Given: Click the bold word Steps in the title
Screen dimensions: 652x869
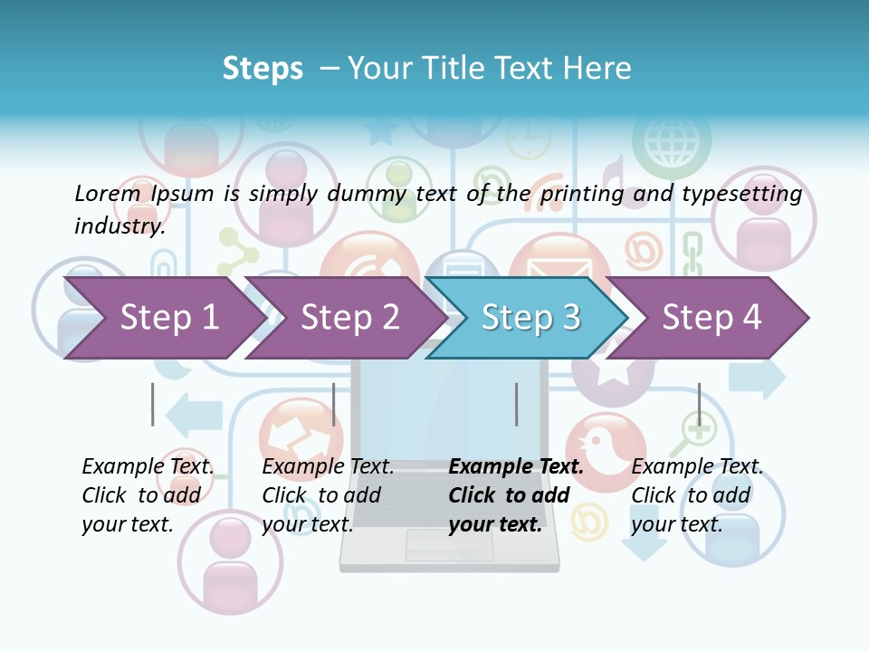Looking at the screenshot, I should pos(263,69).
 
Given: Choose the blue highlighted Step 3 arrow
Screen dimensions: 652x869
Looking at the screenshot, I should pos(530,318).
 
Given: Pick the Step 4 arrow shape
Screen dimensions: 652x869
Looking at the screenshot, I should pos(711,318).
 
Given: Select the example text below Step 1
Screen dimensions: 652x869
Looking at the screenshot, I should pos(148,495).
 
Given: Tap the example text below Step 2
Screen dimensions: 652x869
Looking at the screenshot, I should pos(328,495).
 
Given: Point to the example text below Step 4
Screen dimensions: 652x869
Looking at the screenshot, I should pos(696,495).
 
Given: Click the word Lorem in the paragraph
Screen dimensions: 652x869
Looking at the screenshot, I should pos(107,193).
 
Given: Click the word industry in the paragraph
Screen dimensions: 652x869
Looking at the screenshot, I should pos(119,225).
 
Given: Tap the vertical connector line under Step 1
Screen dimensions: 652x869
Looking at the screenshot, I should pos(153,404).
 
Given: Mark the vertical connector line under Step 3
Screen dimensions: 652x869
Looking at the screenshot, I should pos(516,404).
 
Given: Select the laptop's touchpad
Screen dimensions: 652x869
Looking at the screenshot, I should pos(449,545).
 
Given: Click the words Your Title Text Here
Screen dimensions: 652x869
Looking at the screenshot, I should pos(489,69).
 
